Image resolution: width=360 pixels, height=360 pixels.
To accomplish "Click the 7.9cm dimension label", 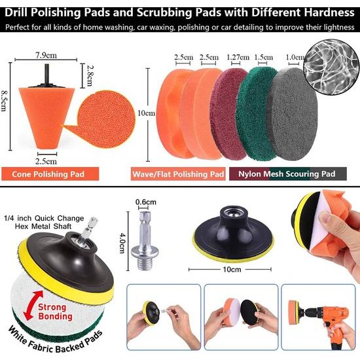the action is coord(46,56).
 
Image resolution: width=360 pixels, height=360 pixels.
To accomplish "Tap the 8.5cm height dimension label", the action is coord(4,101).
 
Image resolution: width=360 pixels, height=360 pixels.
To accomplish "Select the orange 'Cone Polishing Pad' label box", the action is coord(50,174).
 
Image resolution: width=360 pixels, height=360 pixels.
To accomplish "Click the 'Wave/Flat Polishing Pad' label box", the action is coord(178,174).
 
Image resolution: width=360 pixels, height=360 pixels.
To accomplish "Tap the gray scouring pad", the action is coord(292,114).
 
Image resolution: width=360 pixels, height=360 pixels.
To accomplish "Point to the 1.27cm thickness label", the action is coord(238,57).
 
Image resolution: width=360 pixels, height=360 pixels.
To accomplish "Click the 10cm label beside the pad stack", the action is coord(147,113).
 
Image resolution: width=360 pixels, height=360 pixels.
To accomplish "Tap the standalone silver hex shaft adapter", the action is coord(145,240).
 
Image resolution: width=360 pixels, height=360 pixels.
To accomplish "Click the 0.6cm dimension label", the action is coord(146,202).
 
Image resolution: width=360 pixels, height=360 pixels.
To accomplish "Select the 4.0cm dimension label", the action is coord(122,243).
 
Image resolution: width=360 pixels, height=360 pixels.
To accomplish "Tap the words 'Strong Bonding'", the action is coord(55,312).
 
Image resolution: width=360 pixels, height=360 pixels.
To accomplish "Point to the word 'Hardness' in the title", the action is coord(329,12).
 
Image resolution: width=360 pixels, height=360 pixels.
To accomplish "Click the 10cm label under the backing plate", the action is coord(232,269).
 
